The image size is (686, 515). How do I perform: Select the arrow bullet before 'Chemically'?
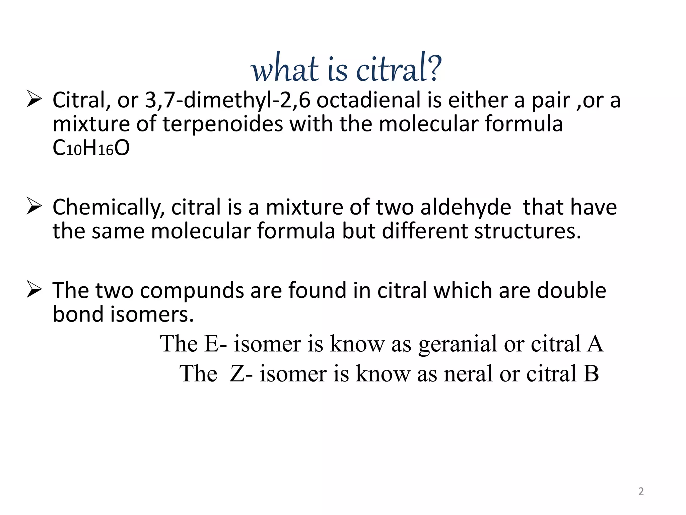point(34,206)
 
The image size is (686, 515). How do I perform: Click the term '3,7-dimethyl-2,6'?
point(227,100)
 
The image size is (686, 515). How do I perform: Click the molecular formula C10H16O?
point(91,148)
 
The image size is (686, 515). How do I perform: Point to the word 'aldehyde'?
point(466,207)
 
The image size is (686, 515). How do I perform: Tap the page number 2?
point(641,492)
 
